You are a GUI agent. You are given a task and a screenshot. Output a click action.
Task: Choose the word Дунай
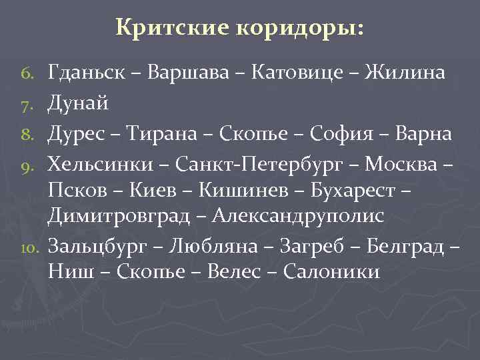click(78, 103)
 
